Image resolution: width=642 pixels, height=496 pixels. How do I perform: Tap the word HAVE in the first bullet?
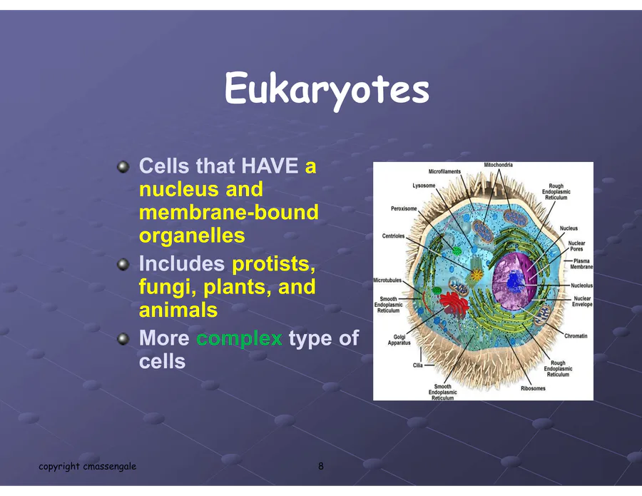pyautogui.click(x=270, y=166)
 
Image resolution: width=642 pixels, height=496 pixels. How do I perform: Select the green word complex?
pyautogui.click(x=239, y=339)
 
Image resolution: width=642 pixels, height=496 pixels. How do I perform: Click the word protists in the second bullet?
pyautogui.click(x=273, y=264)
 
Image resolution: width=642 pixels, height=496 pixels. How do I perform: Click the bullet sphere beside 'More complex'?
pyautogui.click(x=123, y=339)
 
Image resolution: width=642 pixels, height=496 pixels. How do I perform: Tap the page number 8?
pyautogui.click(x=321, y=466)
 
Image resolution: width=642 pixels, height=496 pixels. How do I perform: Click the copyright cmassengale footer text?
pyautogui.click(x=87, y=467)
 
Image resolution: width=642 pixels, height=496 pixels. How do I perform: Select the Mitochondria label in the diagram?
pyautogui.click(x=499, y=165)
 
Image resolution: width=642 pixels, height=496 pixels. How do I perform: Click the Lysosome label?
pyautogui.click(x=424, y=186)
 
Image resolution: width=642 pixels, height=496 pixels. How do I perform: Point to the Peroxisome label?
pyautogui.click(x=404, y=208)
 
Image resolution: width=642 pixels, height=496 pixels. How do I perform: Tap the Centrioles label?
pyautogui.click(x=393, y=236)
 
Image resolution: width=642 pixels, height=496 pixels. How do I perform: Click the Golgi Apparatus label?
pyautogui.click(x=399, y=340)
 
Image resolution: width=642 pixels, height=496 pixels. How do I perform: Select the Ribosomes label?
pyautogui.click(x=533, y=388)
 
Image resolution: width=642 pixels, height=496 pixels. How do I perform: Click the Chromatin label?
pyautogui.click(x=576, y=336)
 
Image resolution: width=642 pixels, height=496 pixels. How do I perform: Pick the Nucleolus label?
pyautogui.click(x=581, y=285)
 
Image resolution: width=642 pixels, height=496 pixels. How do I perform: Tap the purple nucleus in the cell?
pyautogui.click(x=514, y=282)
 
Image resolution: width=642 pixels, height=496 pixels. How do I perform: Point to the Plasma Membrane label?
pyautogui.click(x=581, y=264)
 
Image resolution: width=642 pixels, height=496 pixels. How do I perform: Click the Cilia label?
pyautogui.click(x=417, y=365)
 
